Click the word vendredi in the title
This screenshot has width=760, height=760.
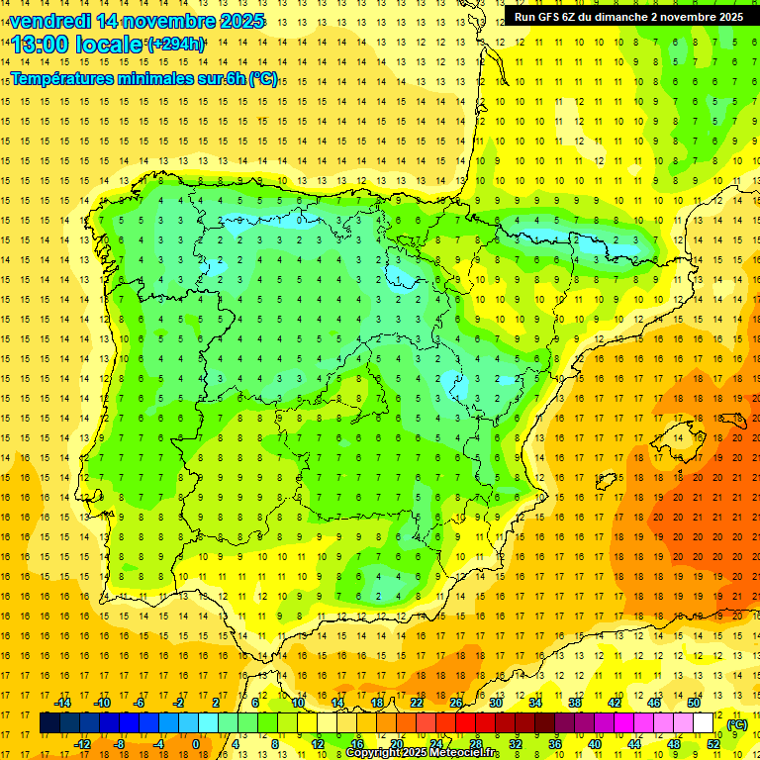(x=49, y=21)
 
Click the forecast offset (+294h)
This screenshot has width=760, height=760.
(x=176, y=44)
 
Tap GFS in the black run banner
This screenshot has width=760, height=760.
(x=551, y=17)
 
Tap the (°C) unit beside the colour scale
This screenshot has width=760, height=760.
(x=737, y=724)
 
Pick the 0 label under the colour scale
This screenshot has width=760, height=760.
(x=195, y=744)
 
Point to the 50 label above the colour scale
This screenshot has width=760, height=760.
(x=694, y=703)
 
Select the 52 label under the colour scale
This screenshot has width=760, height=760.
(x=713, y=744)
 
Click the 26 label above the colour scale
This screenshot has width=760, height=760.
(x=456, y=703)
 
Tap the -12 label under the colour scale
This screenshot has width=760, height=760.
(x=82, y=744)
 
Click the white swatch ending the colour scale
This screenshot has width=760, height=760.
(x=704, y=723)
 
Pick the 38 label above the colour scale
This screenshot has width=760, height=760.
(x=575, y=703)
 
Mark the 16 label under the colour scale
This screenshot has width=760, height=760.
(x=357, y=744)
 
